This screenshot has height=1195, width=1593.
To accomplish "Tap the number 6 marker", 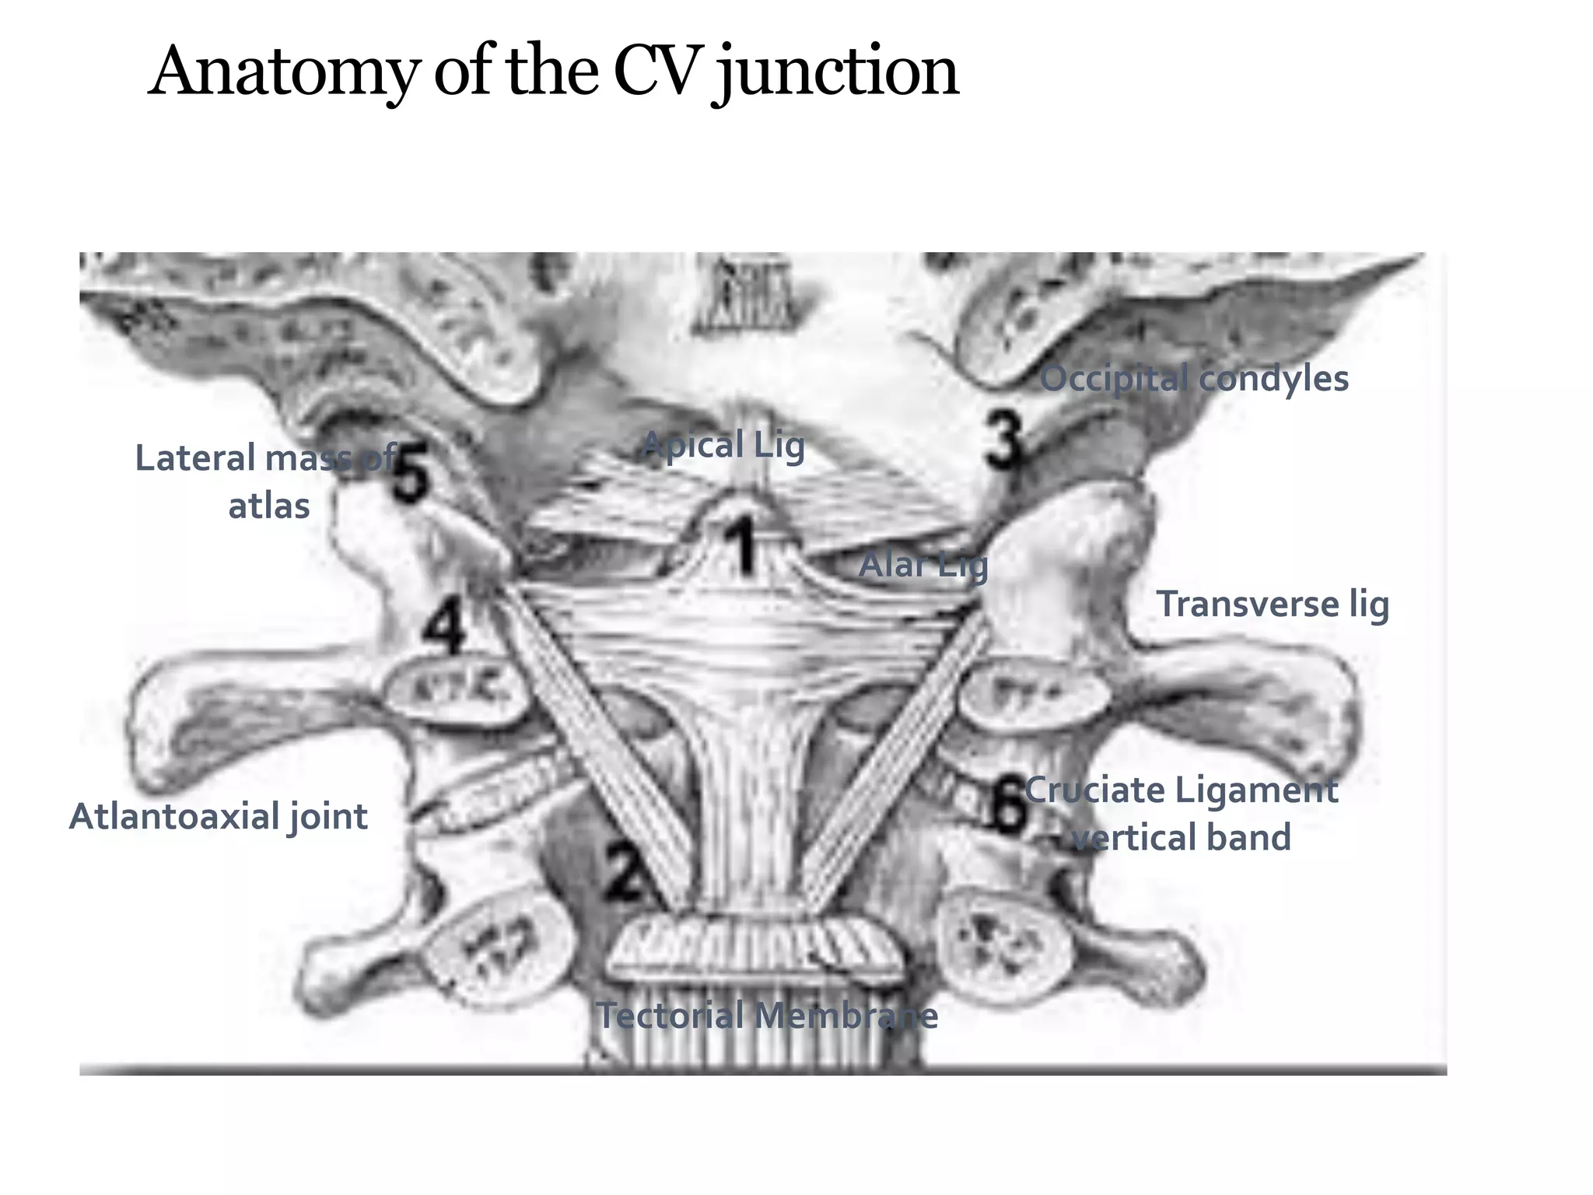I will point(1009,807).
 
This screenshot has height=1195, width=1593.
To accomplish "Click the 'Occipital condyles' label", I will point(1194,379).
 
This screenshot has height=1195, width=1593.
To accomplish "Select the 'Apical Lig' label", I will point(723,446).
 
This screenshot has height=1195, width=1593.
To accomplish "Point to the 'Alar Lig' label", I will point(923,565).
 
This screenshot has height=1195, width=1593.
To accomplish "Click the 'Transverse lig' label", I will point(1273,605).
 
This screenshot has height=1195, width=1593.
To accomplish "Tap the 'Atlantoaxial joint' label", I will point(219,817).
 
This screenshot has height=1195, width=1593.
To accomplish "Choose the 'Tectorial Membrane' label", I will point(767,1015).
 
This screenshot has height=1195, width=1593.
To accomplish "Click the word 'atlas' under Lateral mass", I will point(268,506).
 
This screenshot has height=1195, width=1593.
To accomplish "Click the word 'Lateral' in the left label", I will point(194,458).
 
